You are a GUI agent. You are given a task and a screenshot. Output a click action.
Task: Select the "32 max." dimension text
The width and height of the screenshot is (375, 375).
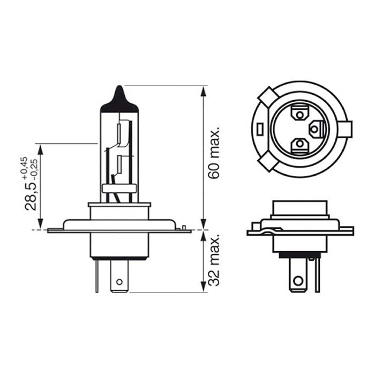[214, 260]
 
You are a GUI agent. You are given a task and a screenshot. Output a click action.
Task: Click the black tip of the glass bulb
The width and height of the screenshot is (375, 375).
[119, 100]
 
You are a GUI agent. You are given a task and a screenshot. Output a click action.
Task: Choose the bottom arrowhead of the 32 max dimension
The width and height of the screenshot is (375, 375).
[203, 288]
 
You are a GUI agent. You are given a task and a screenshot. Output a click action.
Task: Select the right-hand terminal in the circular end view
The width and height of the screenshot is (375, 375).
[317, 129]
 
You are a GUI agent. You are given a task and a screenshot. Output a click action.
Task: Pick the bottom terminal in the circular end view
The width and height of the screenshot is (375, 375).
[298, 145]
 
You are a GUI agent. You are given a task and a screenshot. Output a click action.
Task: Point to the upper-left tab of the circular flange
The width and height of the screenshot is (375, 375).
[266, 98]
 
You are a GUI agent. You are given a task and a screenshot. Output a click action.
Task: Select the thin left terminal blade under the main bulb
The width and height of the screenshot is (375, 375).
[97, 275]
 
